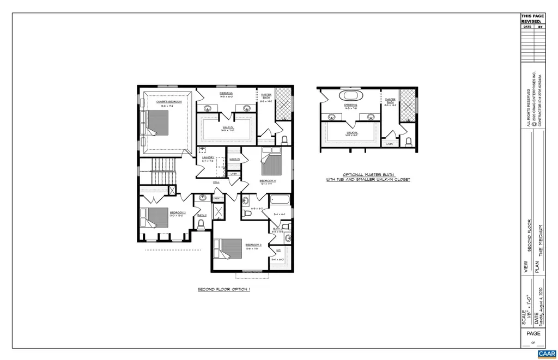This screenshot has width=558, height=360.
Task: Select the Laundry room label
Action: (x=208, y=158)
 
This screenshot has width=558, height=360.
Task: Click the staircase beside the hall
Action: (x=162, y=172)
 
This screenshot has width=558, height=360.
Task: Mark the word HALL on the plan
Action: (x=216, y=182)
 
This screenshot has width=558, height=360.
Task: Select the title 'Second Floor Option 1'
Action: (x=223, y=290)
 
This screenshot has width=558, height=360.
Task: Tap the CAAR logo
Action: (x=545, y=353)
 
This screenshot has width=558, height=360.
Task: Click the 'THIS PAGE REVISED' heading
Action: (x=532, y=19)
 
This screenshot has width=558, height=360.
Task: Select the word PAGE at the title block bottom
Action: (x=533, y=333)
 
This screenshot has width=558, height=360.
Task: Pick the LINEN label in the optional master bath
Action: (x=389, y=144)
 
